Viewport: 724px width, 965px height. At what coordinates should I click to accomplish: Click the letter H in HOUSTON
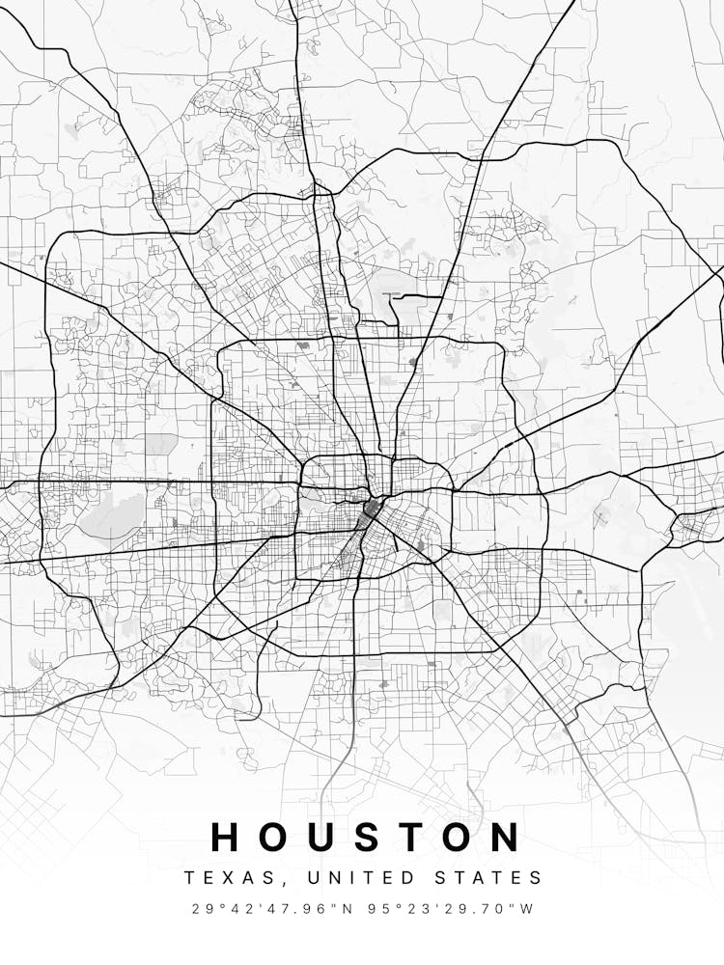point(227,838)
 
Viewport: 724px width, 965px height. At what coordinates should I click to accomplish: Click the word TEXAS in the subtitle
point(223,878)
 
